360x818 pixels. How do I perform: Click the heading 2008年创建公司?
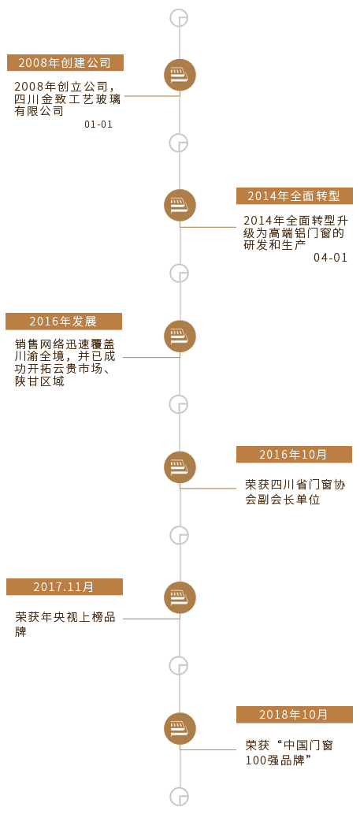click(65, 63)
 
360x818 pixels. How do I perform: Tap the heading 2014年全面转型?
click(295, 196)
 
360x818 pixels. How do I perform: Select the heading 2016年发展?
click(64, 322)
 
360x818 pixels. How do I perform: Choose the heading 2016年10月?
click(295, 455)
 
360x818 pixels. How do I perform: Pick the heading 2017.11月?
click(64, 587)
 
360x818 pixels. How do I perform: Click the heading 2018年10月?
click(295, 715)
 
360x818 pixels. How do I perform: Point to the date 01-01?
click(98, 125)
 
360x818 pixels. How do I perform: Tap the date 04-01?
click(331, 258)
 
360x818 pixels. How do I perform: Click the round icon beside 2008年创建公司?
click(180, 75)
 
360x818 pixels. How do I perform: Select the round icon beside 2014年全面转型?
click(180, 205)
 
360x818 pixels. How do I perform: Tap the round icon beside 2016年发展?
click(180, 336)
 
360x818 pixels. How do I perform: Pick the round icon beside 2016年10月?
click(180, 467)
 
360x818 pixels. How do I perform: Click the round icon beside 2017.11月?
click(180, 597)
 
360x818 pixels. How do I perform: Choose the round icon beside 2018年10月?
click(180, 728)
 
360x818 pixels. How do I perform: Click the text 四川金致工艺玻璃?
click(68, 99)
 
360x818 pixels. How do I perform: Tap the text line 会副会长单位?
click(283, 500)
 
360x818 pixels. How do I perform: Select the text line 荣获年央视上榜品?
click(65, 619)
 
